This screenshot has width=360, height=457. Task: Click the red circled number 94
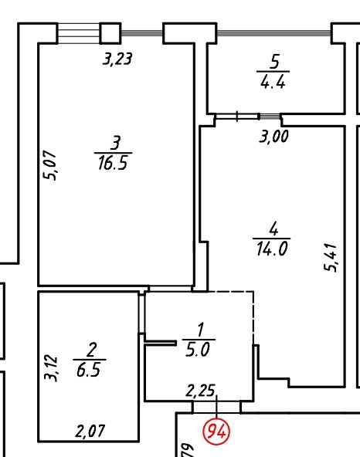click(216, 432)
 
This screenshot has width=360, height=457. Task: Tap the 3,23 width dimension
click(117, 59)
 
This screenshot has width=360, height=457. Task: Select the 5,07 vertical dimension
click(49, 165)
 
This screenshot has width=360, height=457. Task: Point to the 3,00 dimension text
click(273, 136)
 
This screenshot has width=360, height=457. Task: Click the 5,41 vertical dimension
click(331, 257)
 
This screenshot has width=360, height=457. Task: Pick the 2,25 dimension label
click(200, 391)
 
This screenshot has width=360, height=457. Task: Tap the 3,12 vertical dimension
click(50, 367)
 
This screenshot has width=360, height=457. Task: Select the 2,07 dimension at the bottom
click(90, 431)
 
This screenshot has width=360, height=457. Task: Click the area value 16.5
click(113, 163)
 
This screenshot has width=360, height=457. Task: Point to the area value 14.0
click(272, 249)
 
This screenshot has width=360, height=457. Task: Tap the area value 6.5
click(89, 369)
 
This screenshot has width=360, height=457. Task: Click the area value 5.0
click(198, 349)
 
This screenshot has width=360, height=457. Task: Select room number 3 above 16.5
click(115, 143)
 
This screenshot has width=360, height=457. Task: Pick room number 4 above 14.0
click(273, 228)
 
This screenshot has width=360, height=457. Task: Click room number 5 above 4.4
click(274, 62)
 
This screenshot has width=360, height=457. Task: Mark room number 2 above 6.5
click(90, 350)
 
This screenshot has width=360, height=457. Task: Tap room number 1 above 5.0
click(200, 330)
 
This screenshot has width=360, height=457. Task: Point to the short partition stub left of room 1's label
click(161, 343)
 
